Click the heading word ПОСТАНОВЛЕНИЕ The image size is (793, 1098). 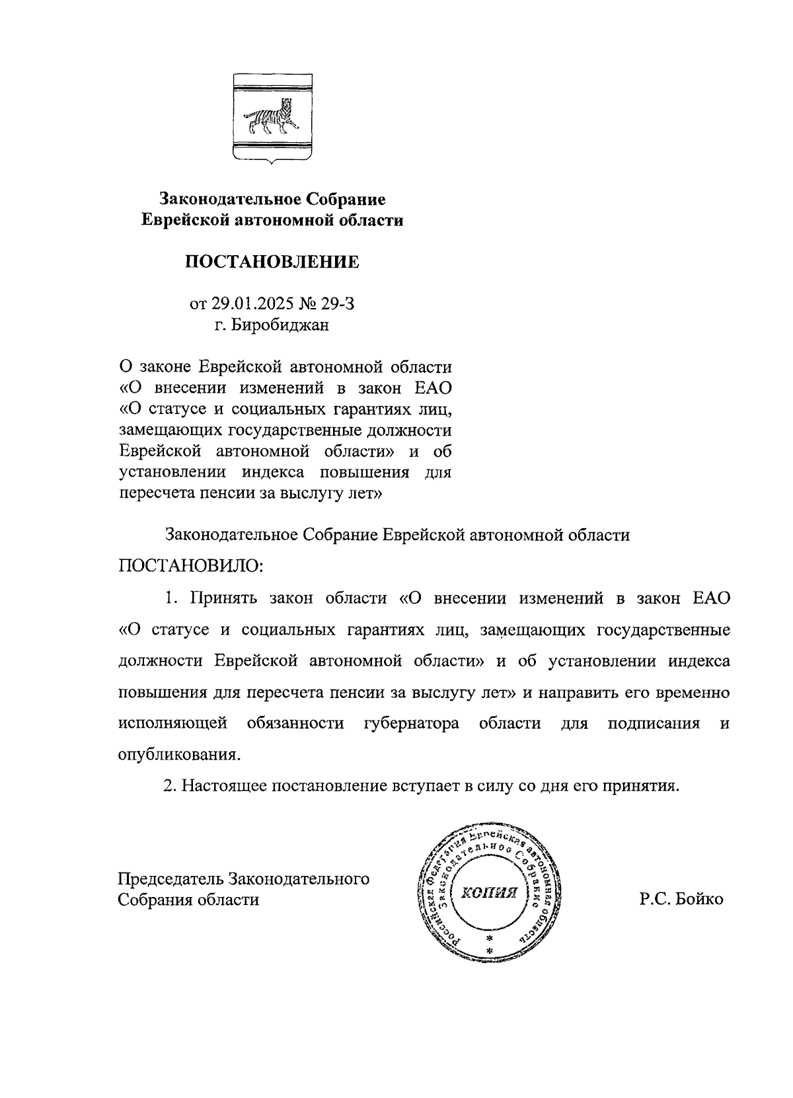[x=272, y=262]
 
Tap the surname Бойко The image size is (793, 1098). [x=700, y=900]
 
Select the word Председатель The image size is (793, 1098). [x=170, y=879]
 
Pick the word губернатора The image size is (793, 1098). [x=412, y=723]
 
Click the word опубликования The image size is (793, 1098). [x=179, y=755]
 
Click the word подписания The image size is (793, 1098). [x=654, y=723]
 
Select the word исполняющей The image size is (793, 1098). [x=173, y=723]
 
